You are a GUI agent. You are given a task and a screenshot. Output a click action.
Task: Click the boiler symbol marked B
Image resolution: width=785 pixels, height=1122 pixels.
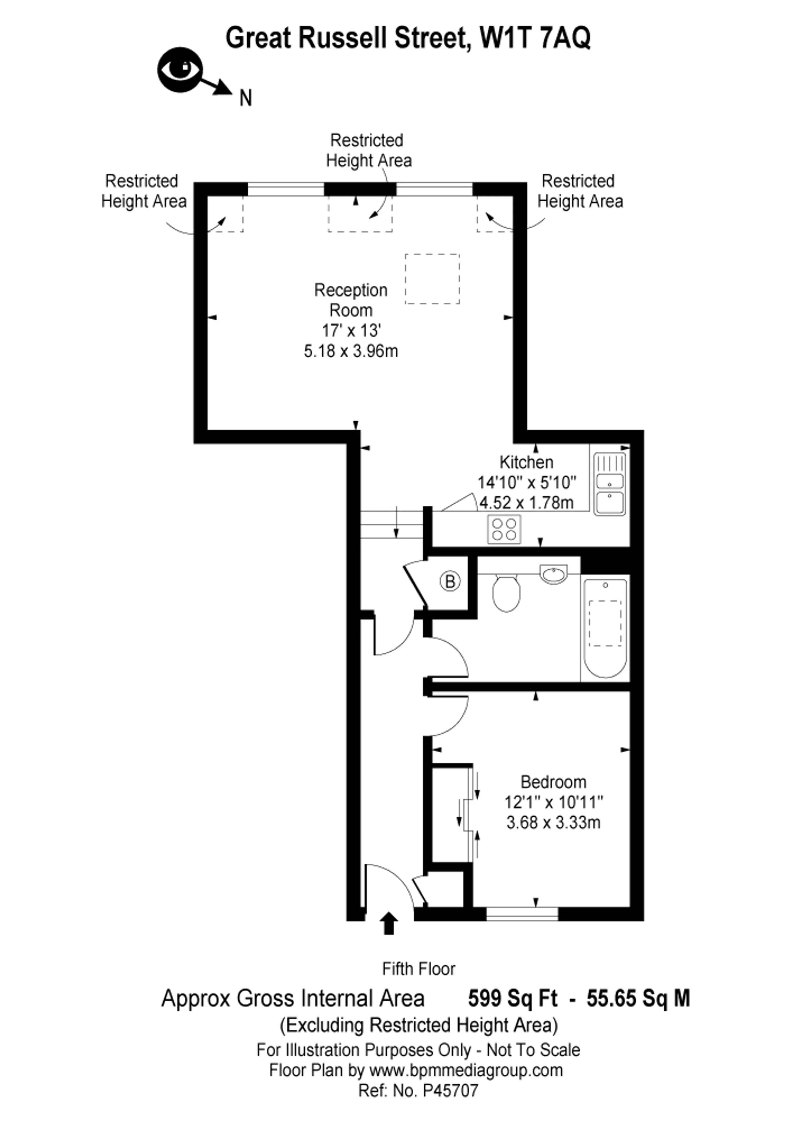[450, 581]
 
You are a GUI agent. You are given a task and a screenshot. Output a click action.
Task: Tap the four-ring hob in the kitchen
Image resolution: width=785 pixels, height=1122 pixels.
[504, 529]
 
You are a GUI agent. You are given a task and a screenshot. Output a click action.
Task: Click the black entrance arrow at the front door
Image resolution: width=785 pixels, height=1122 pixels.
[388, 923]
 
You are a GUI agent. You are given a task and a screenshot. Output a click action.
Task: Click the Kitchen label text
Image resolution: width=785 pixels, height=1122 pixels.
[526, 462]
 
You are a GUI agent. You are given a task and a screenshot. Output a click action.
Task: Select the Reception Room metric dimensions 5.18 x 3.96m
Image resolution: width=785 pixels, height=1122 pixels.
[351, 351]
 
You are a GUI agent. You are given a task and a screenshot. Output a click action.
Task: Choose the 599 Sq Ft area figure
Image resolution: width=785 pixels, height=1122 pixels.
[513, 998]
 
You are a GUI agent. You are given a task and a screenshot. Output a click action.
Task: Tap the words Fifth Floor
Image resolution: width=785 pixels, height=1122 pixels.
[418, 969]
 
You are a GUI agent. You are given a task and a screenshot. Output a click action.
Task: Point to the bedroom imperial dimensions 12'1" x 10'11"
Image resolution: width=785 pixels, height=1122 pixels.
[553, 802]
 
